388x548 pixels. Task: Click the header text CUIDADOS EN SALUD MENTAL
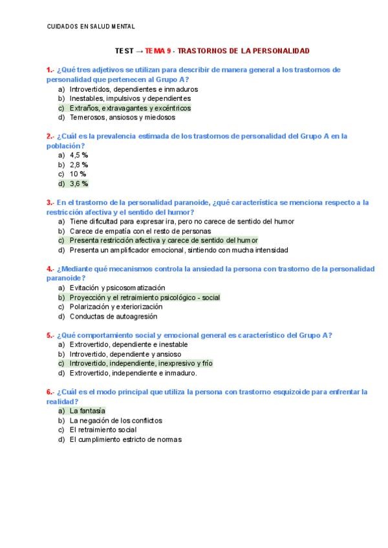pos(91,26)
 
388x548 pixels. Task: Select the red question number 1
pos(49,69)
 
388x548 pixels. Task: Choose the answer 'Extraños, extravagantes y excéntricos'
pos(130,108)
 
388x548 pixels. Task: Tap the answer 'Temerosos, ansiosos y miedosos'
pos(122,118)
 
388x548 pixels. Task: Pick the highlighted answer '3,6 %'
pos(79,184)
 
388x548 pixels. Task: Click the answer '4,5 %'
pos(79,155)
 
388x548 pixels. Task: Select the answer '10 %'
pos(78,174)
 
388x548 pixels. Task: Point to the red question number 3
pos(49,202)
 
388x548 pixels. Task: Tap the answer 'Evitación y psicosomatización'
pos(117,288)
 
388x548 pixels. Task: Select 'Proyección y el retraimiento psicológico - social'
pos(145,297)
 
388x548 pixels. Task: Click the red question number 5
pos(49,335)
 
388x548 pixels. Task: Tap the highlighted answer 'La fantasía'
pos(87,410)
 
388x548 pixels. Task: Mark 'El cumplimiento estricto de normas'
pos(125,439)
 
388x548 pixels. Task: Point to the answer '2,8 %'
pos(79,165)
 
